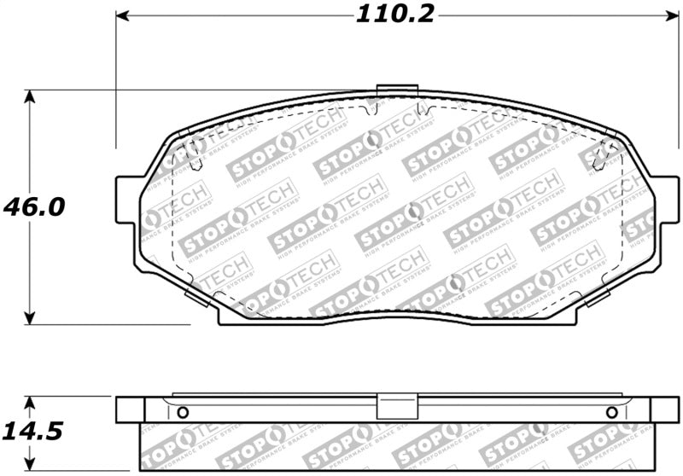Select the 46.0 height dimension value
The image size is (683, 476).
click(x=34, y=207)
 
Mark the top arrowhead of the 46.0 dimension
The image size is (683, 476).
click(x=31, y=96)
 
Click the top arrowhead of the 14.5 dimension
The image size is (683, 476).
click(x=31, y=402)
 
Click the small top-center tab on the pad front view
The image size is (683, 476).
click(x=396, y=89)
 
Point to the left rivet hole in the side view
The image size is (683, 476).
click(x=182, y=413)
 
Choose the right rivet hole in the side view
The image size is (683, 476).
click(x=611, y=413)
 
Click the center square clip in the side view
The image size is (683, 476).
click(x=396, y=408)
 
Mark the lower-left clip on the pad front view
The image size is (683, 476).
click(x=194, y=297)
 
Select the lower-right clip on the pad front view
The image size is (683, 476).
click(x=598, y=297)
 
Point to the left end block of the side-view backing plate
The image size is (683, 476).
click(x=129, y=409)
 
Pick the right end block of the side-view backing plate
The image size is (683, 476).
click(x=663, y=409)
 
